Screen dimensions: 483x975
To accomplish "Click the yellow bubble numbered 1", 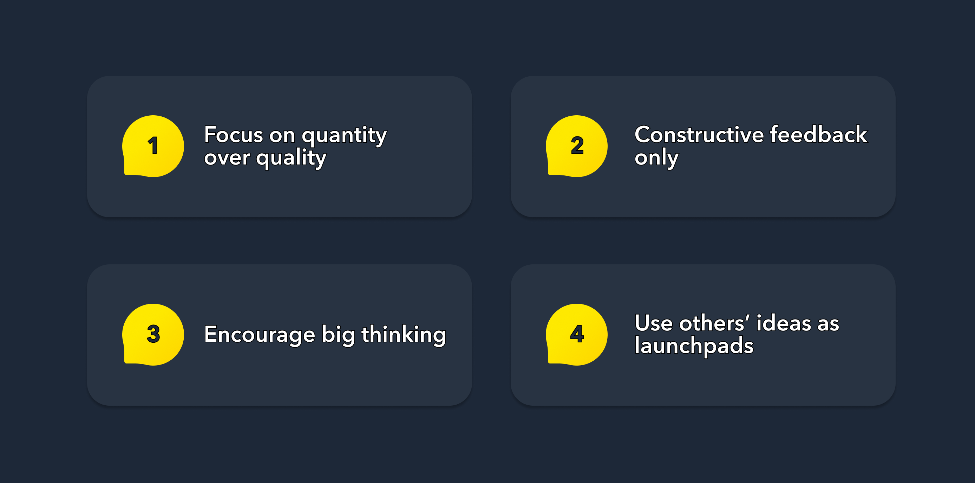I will tap(153, 146).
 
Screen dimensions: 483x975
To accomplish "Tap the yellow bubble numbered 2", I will tap(576, 146).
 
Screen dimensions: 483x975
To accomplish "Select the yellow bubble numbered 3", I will tap(153, 335).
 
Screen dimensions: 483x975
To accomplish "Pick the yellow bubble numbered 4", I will tap(576, 335).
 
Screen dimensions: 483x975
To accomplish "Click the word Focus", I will tap(233, 135).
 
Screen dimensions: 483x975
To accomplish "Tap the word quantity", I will tap(344, 136).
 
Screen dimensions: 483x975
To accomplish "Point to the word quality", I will tap(291, 158).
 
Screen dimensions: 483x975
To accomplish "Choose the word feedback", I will tap(818, 135).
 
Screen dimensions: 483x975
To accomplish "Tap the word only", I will tap(656, 158).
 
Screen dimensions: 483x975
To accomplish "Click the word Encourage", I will tap(259, 335).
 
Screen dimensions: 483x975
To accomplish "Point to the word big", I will tap(338, 335).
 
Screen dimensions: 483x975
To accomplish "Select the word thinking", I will tap(404, 335).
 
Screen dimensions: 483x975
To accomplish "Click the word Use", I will tap(653, 323).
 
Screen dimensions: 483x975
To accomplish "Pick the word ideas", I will tap(784, 323).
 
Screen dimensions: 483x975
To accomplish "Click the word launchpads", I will tap(694, 346).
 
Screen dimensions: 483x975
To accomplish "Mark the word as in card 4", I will tap(828, 324).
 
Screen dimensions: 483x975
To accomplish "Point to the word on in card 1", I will tap(282, 136).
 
